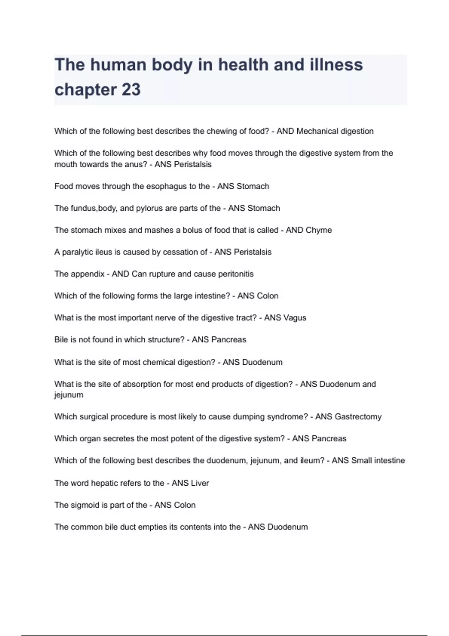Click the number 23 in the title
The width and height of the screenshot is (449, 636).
[131, 90]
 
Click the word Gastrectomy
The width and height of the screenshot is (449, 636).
[358, 417]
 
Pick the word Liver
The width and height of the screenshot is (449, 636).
[200, 483]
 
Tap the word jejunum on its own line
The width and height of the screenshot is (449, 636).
[69, 395]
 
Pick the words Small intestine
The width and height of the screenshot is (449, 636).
[378, 461]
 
